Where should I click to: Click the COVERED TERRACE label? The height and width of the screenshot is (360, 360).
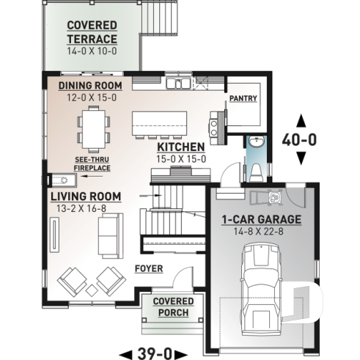click(x=92, y=32)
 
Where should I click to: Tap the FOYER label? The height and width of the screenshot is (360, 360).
click(x=149, y=268)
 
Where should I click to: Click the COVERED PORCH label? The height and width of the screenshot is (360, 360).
click(x=174, y=307)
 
